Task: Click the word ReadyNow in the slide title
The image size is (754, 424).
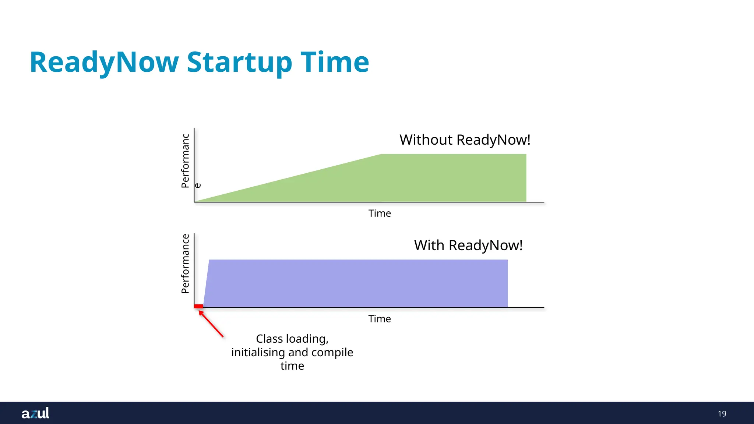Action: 104,63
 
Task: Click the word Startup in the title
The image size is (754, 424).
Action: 240,63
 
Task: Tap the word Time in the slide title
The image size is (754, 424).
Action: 335,63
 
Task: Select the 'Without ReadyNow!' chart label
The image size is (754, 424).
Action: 465,140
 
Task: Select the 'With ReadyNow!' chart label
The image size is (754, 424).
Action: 468,245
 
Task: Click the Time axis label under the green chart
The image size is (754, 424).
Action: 380,213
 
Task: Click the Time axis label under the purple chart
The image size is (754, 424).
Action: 380,319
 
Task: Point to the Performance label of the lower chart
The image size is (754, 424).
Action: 185,264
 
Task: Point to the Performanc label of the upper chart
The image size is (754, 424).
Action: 185,161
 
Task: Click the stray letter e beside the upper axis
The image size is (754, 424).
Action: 198,185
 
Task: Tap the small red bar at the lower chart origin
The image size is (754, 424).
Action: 198,306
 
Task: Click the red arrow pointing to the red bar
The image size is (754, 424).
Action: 211,324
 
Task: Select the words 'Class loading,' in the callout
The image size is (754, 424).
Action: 292,339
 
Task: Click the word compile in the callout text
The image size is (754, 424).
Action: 332,352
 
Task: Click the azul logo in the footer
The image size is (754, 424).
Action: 35,413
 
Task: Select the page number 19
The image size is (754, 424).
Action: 722,414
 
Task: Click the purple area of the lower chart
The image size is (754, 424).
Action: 353,283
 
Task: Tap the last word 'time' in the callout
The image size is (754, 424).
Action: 292,366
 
